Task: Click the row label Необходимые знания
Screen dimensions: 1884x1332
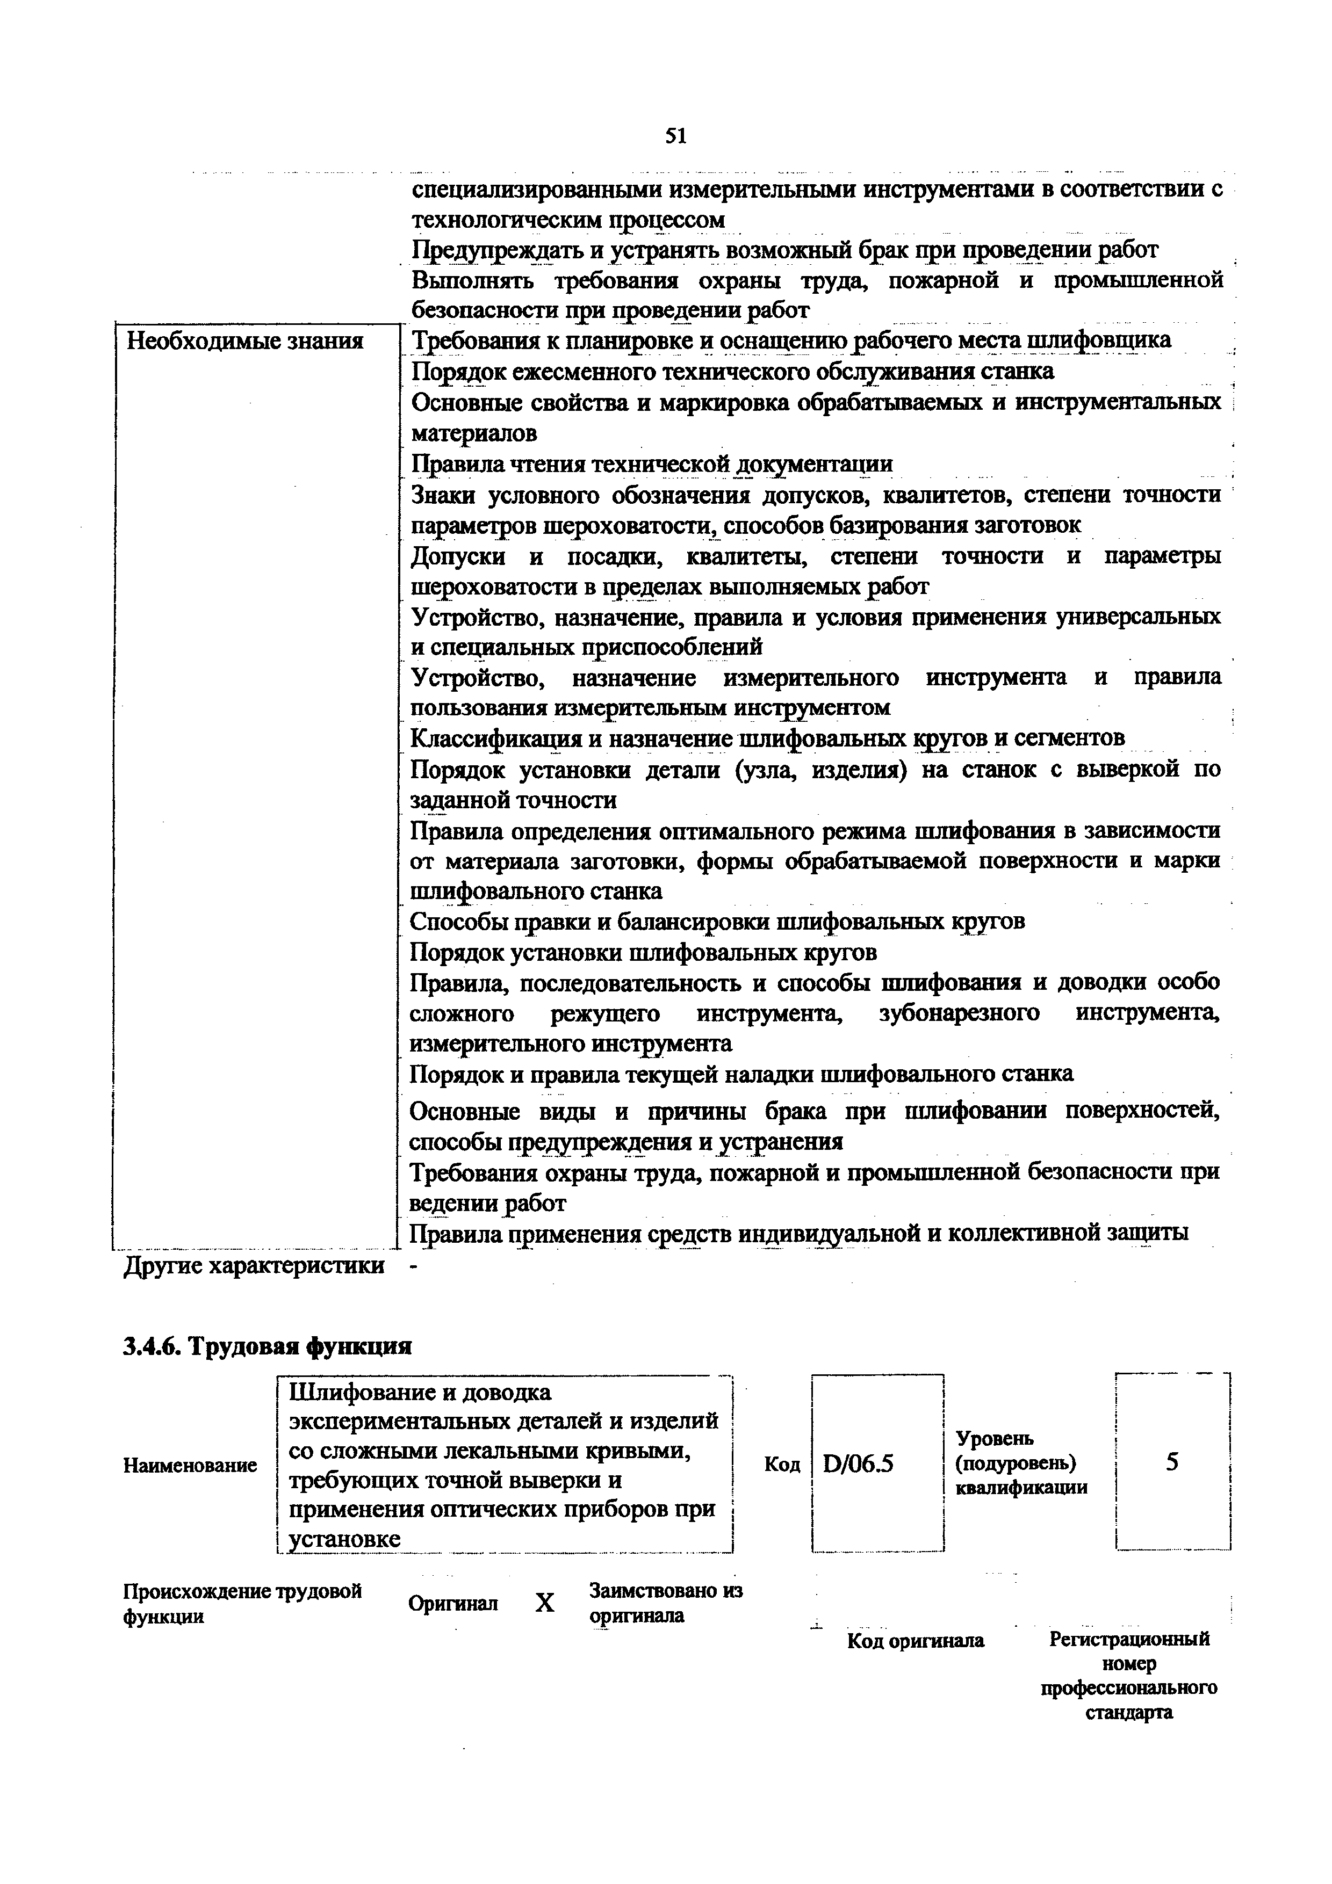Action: click(244, 340)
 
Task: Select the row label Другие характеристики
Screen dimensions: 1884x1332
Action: click(254, 1265)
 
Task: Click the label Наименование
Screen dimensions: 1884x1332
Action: click(190, 1465)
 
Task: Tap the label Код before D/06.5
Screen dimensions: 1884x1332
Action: click(781, 1465)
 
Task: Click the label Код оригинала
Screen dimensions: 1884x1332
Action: click(915, 1640)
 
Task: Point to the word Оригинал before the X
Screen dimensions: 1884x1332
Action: click(452, 1603)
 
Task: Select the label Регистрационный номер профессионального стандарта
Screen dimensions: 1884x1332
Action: click(1129, 1675)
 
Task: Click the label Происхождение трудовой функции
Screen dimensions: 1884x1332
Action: click(242, 1603)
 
